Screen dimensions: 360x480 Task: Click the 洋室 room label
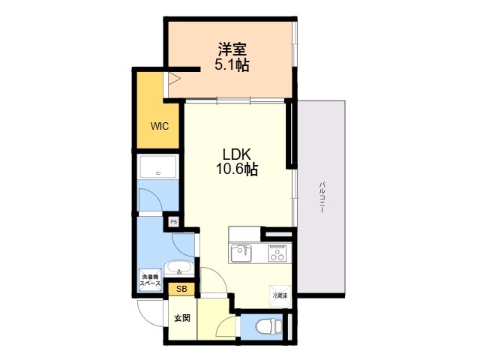[x=232, y=50]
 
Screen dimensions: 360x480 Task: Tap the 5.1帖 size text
[x=232, y=65]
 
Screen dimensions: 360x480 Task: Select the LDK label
[x=237, y=154]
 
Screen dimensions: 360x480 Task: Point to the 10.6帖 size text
[x=237, y=169]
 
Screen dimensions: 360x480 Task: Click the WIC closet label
[x=159, y=126]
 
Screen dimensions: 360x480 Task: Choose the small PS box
[x=173, y=221]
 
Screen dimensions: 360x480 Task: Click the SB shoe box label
[x=181, y=289]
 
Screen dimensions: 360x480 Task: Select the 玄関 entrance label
[x=182, y=318]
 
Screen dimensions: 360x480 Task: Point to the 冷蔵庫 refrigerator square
[x=280, y=295]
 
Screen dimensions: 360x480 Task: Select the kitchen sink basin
[x=241, y=252]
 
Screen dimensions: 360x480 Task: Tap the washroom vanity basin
[x=178, y=268]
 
